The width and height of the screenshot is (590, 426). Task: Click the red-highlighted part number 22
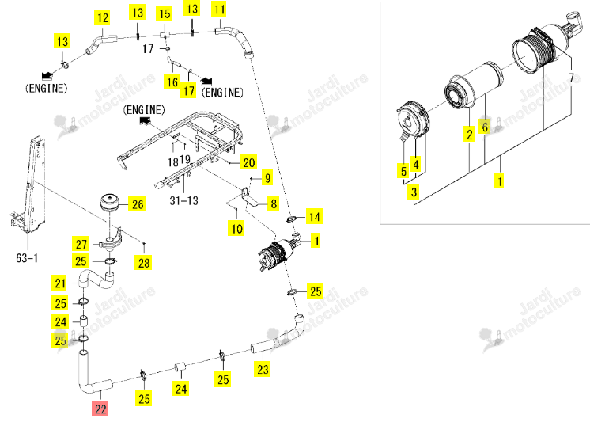(x=100, y=409)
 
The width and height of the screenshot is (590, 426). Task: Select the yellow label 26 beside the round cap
(x=138, y=204)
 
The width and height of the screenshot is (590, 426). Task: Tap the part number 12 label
(x=102, y=17)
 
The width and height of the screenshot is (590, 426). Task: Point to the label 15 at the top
(x=165, y=13)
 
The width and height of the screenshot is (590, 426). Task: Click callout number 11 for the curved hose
(x=219, y=9)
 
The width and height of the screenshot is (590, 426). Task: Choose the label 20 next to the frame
(x=248, y=162)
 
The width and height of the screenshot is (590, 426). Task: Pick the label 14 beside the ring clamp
(x=315, y=216)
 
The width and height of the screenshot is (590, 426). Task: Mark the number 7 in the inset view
(x=572, y=78)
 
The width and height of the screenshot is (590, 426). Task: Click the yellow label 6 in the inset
(x=485, y=127)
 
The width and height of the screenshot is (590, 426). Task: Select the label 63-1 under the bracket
(x=27, y=258)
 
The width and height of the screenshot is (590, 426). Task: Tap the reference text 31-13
(x=183, y=200)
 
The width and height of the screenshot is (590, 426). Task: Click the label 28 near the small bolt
(x=144, y=263)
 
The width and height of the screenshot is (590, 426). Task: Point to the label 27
(x=81, y=244)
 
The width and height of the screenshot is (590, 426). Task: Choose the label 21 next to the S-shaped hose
(x=60, y=283)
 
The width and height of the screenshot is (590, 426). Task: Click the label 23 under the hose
(x=263, y=369)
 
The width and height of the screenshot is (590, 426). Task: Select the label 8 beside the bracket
(x=274, y=203)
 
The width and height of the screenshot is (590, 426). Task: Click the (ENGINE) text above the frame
(x=144, y=110)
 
